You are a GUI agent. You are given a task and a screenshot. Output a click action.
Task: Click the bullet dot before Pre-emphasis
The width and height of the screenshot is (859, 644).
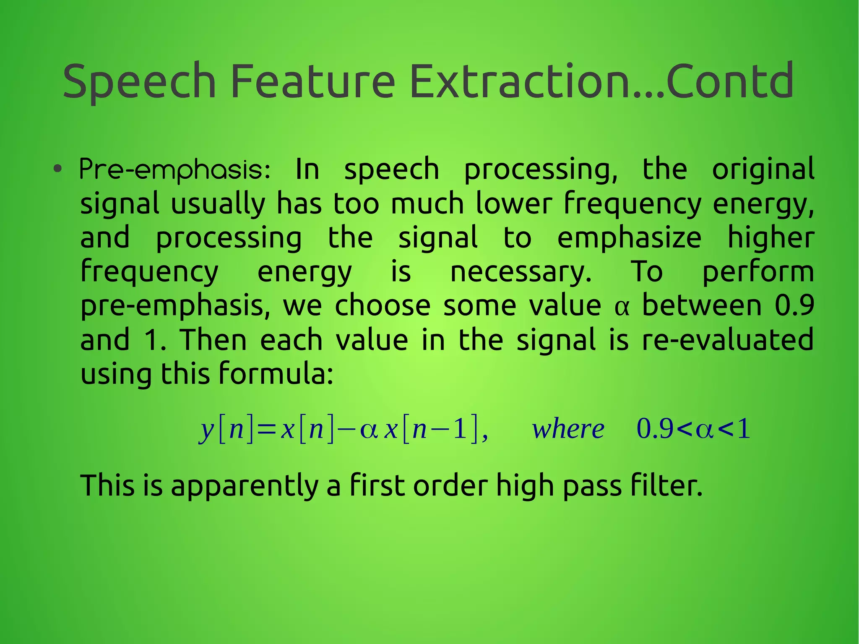point(58,169)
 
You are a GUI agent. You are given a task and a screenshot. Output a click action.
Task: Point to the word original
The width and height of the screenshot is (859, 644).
point(763,169)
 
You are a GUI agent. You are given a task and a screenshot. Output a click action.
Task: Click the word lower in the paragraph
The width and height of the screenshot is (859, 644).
point(513,204)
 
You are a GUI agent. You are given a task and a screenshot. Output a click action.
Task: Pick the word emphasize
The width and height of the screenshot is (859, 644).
point(629,238)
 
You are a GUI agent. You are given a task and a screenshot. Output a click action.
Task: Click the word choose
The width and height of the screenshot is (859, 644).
point(383,305)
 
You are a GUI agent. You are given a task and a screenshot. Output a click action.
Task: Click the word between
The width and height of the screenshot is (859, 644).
point(702,305)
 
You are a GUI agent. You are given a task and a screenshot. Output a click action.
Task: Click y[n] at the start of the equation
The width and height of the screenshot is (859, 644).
point(226,430)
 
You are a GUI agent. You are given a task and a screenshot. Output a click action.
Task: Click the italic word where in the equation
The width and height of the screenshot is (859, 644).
point(568,430)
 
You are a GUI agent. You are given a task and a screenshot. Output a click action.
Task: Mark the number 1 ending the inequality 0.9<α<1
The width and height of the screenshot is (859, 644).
point(744,430)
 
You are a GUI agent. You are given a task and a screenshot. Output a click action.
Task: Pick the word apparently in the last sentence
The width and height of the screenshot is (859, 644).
point(244,486)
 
